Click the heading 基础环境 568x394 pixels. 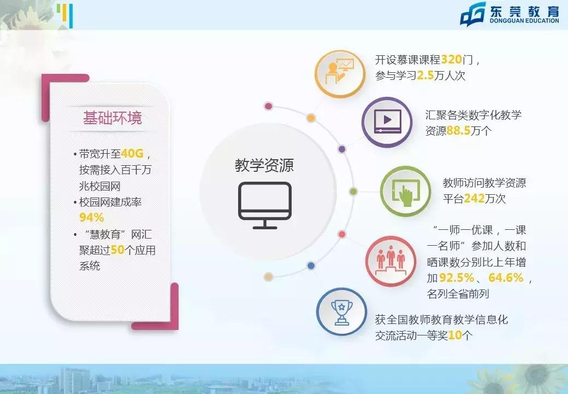[x=112, y=118]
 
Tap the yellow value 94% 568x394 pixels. [x=91, y=217]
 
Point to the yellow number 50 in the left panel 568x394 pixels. [x=117, y=250]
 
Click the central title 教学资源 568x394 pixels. [x=264, y=165]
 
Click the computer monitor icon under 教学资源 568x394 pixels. [x=265, y=205]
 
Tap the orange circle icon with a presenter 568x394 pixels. [x=340, y=73]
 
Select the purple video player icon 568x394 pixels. [x=387, y=122]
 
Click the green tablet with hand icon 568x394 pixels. [x=405, y=192]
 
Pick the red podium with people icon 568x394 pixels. [x=390, y=261]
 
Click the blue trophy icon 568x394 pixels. [x=341, y=311]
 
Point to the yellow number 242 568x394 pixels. [x=475, y=199]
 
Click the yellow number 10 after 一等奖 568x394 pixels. [x=455, y=335]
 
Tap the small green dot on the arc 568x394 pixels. [x=353, y=192]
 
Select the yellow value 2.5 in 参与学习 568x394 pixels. [x=425, y=76]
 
